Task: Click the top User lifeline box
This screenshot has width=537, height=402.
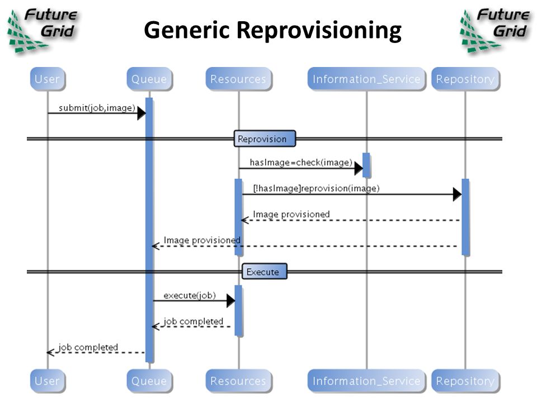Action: pyautogui.click(x=48, y=79)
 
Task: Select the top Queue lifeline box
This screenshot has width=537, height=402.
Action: pyautogui.click(x=149, y=79)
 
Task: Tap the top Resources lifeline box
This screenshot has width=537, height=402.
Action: pyautogui.click(x=239, y=79)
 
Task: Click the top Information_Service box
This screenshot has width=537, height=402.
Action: pyautogui.click(x=366, y=79)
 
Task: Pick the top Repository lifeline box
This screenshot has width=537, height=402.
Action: pyautogui.click(x=465, y=79)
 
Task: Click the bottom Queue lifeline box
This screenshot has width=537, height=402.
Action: pyautogui.click(x=149, y=380)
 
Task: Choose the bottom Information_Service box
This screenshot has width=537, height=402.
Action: pyautogui.click(x=366, y=380)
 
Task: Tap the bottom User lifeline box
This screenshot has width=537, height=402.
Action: pyautogui.click(x=48, y=380)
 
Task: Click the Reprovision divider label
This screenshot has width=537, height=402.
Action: pyautogui.click(x=265, y=138)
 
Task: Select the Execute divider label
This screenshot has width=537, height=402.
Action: pyautogui.click(x=265, y=271)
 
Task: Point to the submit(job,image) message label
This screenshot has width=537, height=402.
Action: pyautogui.click(x=97, y=108)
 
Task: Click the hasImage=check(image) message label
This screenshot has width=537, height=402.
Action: pyautogui.click(x=301, y=162)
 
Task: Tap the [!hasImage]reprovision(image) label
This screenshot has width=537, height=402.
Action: pyautogui.click(x=316, y=188)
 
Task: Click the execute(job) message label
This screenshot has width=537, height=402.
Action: pyautogui.click(x=190, y=295)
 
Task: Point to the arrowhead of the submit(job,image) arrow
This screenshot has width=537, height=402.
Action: pyautogui.click(x=142, y=113)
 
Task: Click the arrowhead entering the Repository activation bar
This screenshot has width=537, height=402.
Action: pyautogui.click(x=457, y=194)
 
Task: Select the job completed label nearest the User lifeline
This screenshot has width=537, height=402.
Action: pyautogui.click(x=88, y=347)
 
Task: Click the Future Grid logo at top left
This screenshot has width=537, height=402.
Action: pyautogui.click(x=43, y=30)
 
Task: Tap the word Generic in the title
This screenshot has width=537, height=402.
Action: pyautogui.click(x=187, y=30)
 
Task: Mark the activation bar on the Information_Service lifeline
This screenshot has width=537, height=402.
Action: pyautogui.click(x=366, y=165)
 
